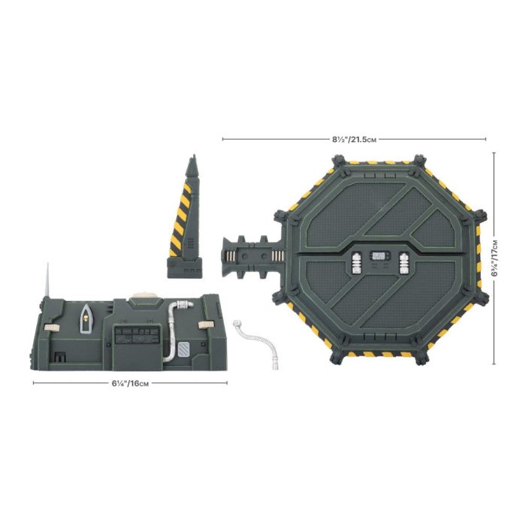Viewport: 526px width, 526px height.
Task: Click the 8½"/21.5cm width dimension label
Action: pos(354,139)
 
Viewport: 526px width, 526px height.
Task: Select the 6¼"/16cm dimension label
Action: pos(130,383)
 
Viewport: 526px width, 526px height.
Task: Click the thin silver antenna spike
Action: pos(47,280)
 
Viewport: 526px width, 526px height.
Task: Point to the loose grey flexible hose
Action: pos(257,342)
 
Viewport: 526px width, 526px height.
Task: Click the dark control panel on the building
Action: pos(137,335)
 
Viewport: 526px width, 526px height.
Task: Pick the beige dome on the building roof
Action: pos(144,295)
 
